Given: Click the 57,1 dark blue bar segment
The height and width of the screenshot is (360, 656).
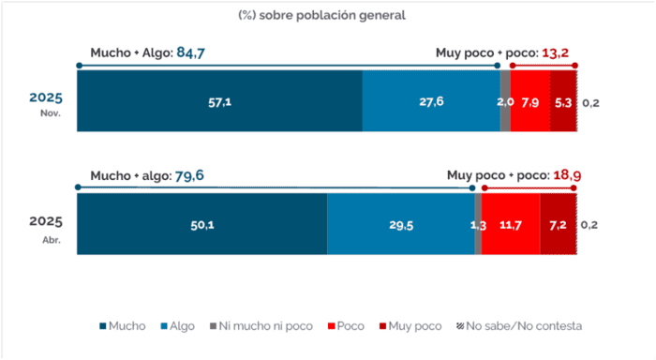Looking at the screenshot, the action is (219, 101).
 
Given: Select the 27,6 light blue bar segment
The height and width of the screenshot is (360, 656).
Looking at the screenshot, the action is (431, 101).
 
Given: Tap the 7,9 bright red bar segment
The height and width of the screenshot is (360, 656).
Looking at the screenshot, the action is (530, 101).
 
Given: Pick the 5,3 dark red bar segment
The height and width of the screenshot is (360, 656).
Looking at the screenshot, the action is (563, 101).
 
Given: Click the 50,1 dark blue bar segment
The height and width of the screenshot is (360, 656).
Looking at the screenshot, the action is (202, 223).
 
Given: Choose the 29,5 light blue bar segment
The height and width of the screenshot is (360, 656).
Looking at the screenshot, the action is (401, 223).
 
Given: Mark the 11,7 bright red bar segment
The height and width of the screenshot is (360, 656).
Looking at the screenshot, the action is (511, 223).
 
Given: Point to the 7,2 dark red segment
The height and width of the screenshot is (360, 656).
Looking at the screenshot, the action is (559, 223).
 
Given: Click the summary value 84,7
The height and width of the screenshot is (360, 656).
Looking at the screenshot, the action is (191, 52).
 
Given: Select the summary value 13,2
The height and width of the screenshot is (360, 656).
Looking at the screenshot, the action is (555, 53).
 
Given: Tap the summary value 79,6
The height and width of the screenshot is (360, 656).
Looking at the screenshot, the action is (189, 175).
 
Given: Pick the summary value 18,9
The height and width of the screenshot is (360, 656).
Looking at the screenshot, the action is (567, 175).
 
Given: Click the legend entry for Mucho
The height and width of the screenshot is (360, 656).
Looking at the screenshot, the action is (123, 326).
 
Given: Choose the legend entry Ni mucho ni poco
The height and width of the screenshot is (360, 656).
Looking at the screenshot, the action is (261, 326).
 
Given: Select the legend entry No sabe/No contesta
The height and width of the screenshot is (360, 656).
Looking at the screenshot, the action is (519, 326).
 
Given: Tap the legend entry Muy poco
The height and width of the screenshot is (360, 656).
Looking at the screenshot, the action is (410, 326).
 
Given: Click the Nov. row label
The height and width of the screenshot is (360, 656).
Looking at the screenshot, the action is (51, 113).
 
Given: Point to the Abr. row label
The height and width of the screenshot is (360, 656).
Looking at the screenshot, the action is (52, 240).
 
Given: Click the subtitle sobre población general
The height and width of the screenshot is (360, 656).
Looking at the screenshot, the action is (332, 16).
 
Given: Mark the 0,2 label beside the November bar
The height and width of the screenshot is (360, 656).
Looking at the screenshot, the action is (590, 103).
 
